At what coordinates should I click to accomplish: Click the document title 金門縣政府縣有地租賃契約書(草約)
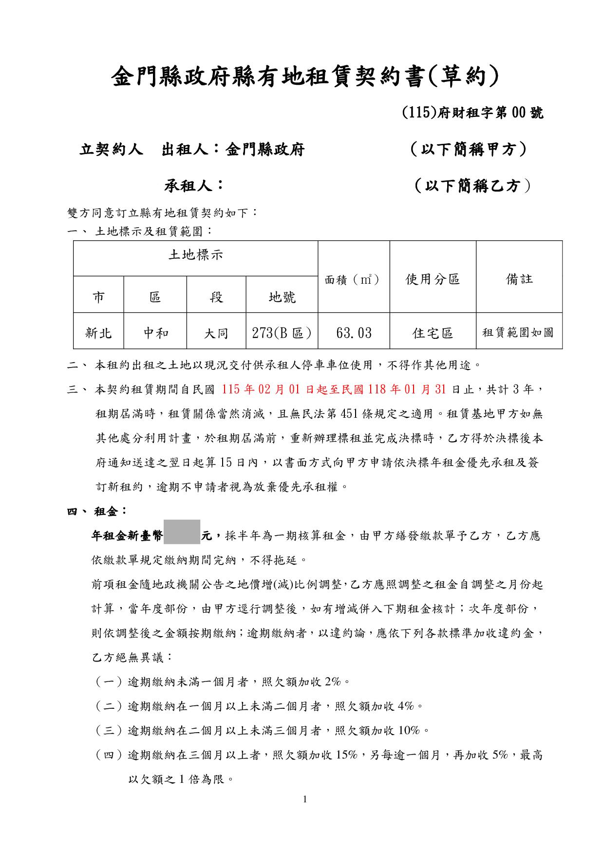point(305,77)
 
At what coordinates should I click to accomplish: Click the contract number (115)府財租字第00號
point(472,113)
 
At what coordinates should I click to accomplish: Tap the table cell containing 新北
point(98,333)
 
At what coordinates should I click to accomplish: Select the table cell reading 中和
point(155,333)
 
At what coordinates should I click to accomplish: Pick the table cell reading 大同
point(216,333)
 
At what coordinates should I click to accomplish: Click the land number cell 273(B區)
point(282,333)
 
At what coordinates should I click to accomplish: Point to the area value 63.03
point(354,333)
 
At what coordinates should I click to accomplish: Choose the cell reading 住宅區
point(433,333)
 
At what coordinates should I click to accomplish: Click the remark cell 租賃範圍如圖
point(518,333)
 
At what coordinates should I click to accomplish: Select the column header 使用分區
point(433,279)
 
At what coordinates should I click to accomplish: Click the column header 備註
point(519,279)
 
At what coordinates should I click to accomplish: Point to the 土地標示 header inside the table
point(196,254)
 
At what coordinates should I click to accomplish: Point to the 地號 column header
point(282,296)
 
